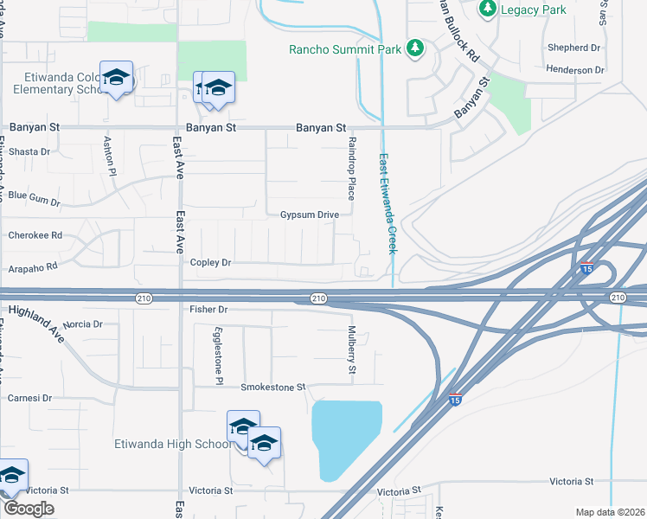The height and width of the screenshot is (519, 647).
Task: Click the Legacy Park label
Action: point(534,10)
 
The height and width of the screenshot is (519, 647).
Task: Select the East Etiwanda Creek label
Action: point(386,204)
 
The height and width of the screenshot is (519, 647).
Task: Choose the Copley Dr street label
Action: point(211,262)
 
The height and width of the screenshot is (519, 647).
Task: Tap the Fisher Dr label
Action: point(208,309)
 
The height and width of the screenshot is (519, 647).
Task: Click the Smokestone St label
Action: point(273,387)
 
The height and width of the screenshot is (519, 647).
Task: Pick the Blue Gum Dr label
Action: point(35,199)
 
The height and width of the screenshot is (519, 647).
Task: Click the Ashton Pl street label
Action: point(110,155)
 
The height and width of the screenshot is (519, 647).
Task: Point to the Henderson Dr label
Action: point(575,69)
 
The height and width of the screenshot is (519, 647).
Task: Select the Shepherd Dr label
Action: point(573,48)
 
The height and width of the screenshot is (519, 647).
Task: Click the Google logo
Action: point(28,509)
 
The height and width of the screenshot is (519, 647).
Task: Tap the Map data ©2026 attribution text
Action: point(610,512)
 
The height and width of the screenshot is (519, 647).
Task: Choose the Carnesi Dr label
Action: point(30,398)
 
